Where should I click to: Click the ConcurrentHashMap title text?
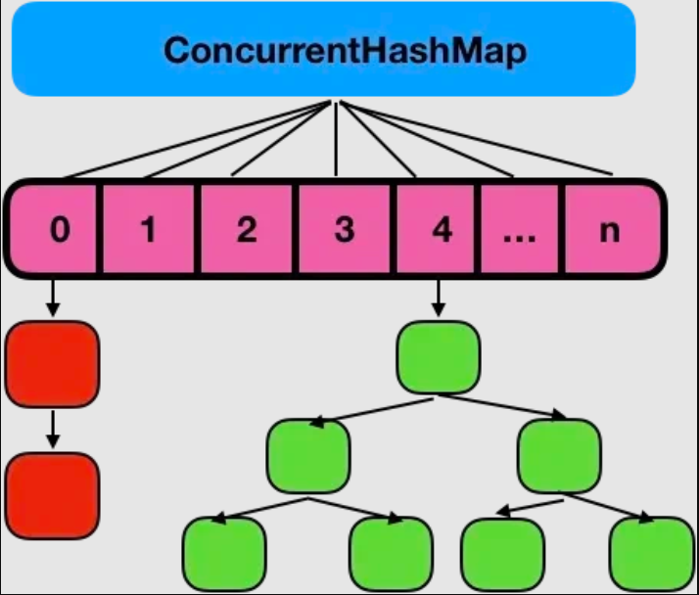coord(345,51)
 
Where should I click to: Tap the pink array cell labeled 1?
coord(149,231)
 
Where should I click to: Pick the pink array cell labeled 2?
coord(246,231)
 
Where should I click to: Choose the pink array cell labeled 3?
coord(343,231)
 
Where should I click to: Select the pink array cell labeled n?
coord(609,231)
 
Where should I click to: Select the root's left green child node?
coord(308,456)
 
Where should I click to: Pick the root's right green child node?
coord(558,456)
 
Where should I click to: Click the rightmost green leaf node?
coord(651,554)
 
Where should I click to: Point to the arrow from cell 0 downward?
coord(53,296)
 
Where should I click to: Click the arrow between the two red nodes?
coord(53,428)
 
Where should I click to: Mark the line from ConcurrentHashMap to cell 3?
coord(336,138)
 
